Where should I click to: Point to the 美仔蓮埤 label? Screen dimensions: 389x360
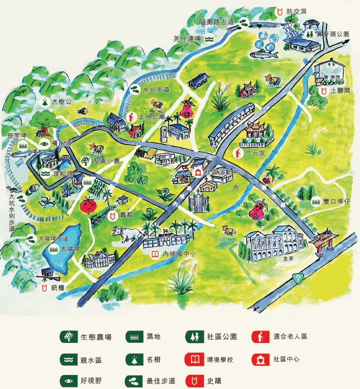click(x=188, y=38)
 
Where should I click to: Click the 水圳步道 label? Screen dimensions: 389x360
click(x=156, y=89)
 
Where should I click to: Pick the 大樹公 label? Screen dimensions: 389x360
click(x=61, y=101)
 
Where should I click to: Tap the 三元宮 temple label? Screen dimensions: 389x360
click(x=255, y=153)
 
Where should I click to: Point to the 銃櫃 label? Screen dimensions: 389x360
click(x=57, y=288)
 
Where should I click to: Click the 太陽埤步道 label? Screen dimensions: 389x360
click(x=53, y=238)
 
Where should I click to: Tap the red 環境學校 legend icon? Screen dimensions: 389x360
click(x=192, y=359)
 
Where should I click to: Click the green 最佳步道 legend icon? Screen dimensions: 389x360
click(x=132, y=381)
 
